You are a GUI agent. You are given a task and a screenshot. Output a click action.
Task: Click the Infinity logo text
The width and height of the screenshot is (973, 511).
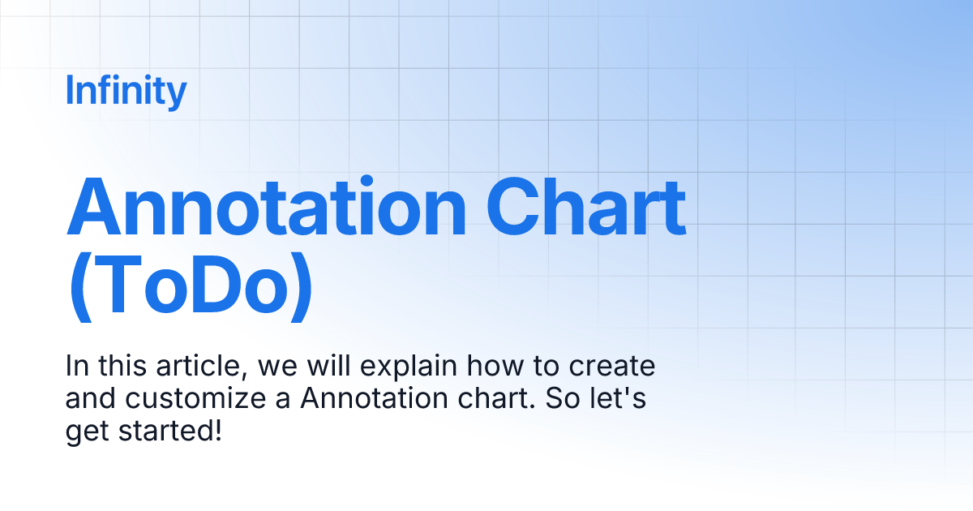(126, 91)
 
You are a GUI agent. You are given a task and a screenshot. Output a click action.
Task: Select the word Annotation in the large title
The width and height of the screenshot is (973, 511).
(266, 207)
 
